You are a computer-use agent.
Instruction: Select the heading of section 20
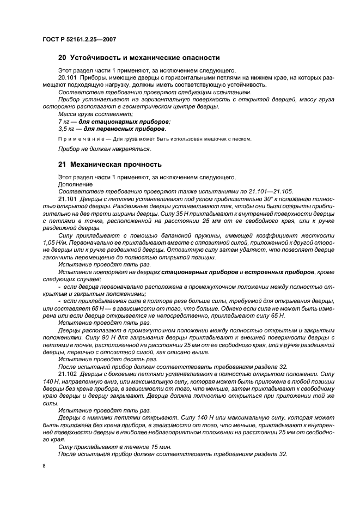pyautogui.click(x=138, y=57)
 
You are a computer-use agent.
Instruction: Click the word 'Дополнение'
pyautogui.click(x=75, y=184)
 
